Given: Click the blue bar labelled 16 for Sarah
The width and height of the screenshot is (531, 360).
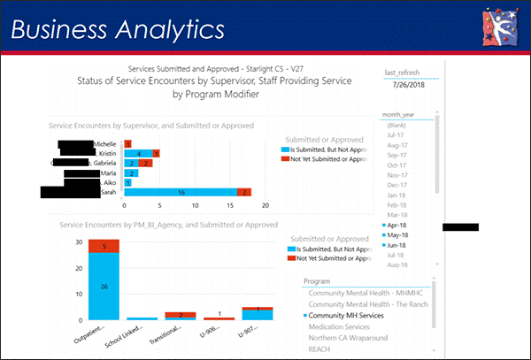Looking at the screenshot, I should click(181, 192).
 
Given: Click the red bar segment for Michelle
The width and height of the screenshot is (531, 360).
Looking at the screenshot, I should click(128, 143).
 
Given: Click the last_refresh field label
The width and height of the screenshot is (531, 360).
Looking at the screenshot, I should click(402, 71).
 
